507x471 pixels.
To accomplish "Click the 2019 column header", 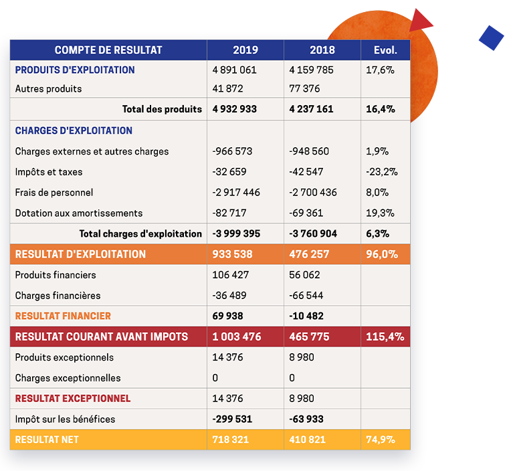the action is [x=245, y=50].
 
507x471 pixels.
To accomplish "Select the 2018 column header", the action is [x=322, y=50].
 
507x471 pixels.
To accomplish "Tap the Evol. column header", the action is [x=385, y=50].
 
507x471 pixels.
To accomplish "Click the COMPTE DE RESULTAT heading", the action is [x=108, y=50].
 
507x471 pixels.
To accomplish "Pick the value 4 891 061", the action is [x=234, y=70].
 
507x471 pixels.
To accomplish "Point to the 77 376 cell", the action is [x=304, y=88].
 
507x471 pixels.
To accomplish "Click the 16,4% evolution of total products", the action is [x=381, y=109].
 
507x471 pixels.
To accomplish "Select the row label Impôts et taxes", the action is [x=49, y=172].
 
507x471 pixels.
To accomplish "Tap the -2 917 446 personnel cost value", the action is [x=236, y=193].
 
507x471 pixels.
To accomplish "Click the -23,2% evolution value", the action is [x=382, y=172].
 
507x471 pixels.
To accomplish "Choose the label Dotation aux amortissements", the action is [x=79, y=213].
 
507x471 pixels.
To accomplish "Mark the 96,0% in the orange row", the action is [x=382, y=254].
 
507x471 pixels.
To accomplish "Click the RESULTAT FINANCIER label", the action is [x=63, y=316].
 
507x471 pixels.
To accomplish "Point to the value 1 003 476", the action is [x=237, y=337].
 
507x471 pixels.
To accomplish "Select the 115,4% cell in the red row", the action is [x=385, y=337].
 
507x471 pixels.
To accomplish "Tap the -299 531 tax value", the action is [x=232, y=419].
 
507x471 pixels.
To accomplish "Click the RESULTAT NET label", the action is [x=47, y=440].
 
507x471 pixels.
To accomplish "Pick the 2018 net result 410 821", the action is [x=308, y=440].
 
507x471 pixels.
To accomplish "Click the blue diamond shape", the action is [x=492, y=38].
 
